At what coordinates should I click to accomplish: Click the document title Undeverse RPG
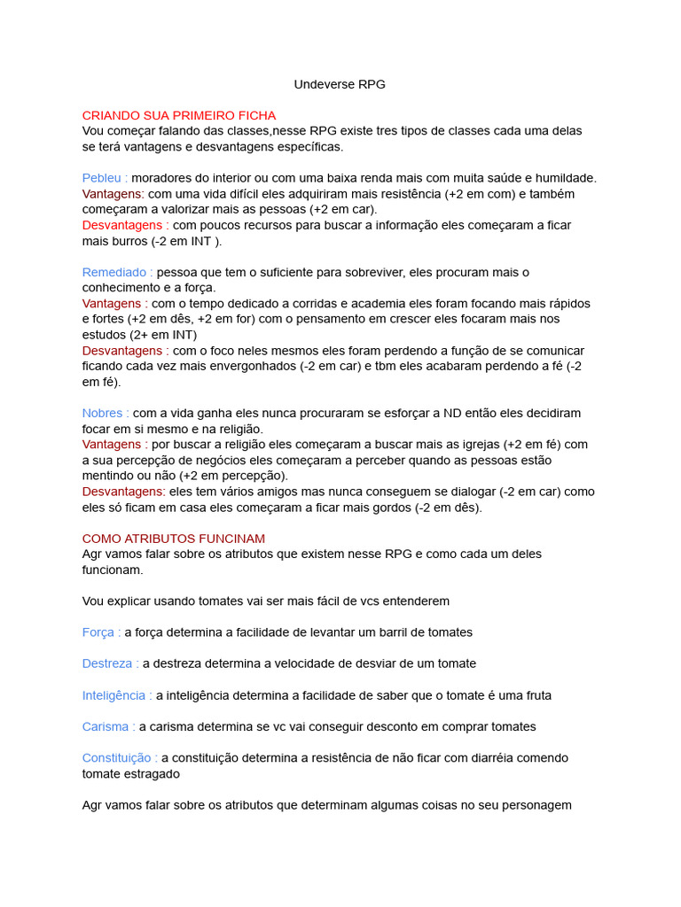tap(340, 84)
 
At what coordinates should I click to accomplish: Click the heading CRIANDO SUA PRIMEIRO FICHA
tap(179, 115)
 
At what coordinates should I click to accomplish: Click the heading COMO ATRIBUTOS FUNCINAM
tap(174, 539)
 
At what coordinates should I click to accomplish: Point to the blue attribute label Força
tap(98, 632)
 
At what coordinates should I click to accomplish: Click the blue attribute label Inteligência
tap(114, 695)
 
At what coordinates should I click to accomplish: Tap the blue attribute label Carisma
tap(106, 726)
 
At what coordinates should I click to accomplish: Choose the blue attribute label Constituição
tap(117, 758)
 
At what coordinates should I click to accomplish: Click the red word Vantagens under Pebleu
tap(112, 193)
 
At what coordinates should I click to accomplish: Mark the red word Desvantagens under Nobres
tap(122, 492)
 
